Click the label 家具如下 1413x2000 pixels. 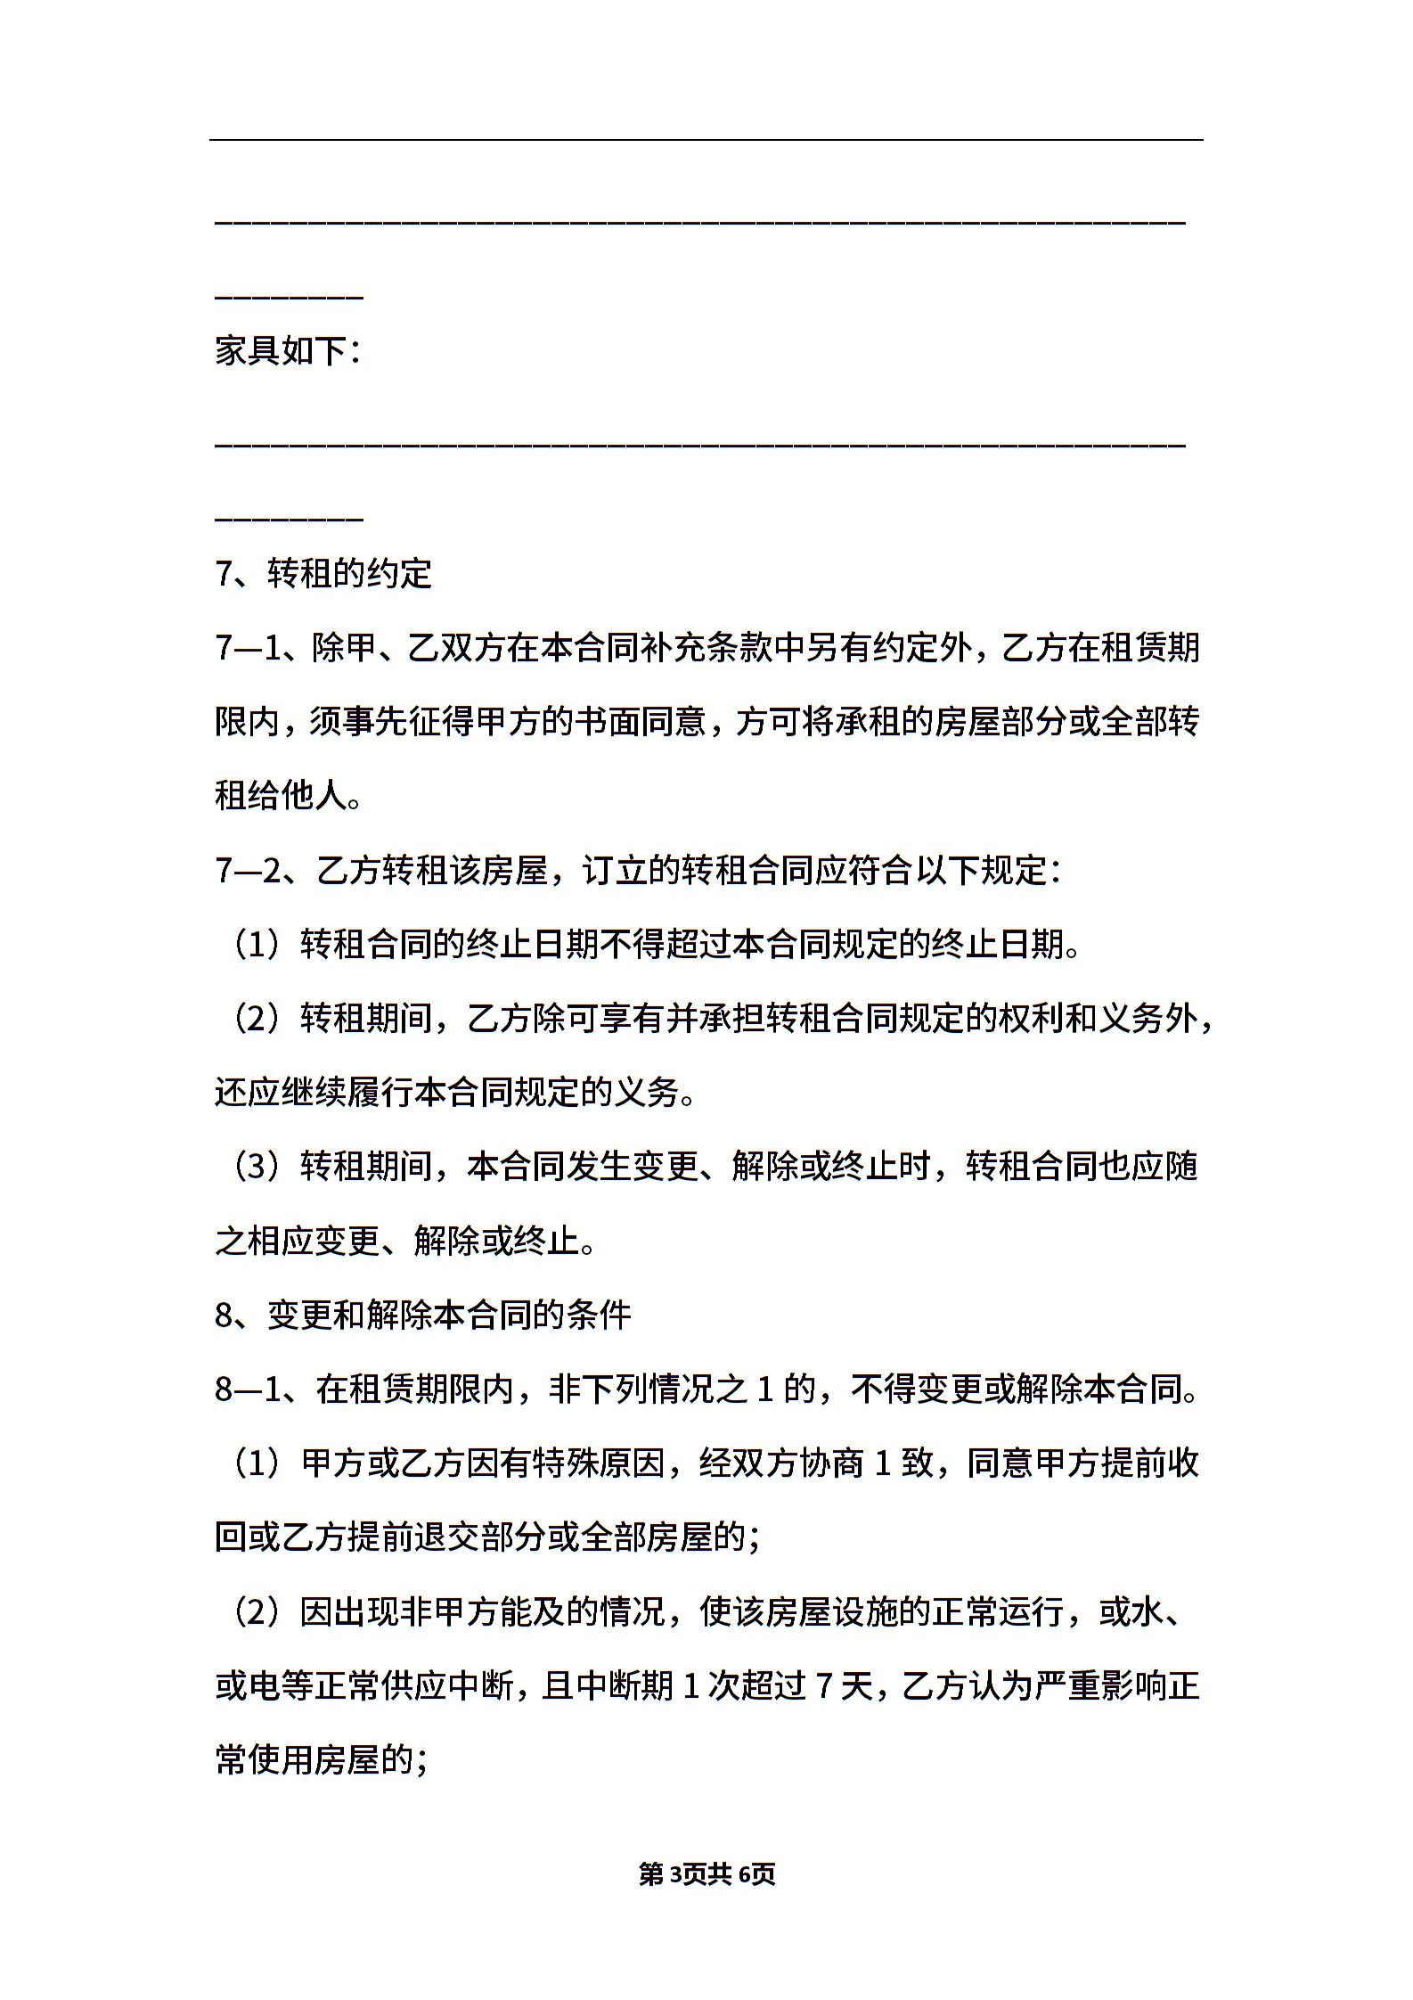286,351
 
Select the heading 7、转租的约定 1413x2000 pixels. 323,573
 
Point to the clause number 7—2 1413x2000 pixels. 249,870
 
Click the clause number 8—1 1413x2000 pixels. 249,1389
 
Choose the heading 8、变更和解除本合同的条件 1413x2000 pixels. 423,1316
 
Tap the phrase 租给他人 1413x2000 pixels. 281,796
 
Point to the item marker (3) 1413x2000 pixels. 257,1167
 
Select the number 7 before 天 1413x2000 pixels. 824,1686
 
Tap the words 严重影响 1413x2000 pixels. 1100,1686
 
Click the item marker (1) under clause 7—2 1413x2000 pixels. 257,945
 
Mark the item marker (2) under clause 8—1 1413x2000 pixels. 257,1612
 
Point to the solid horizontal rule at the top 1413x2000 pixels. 706,140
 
